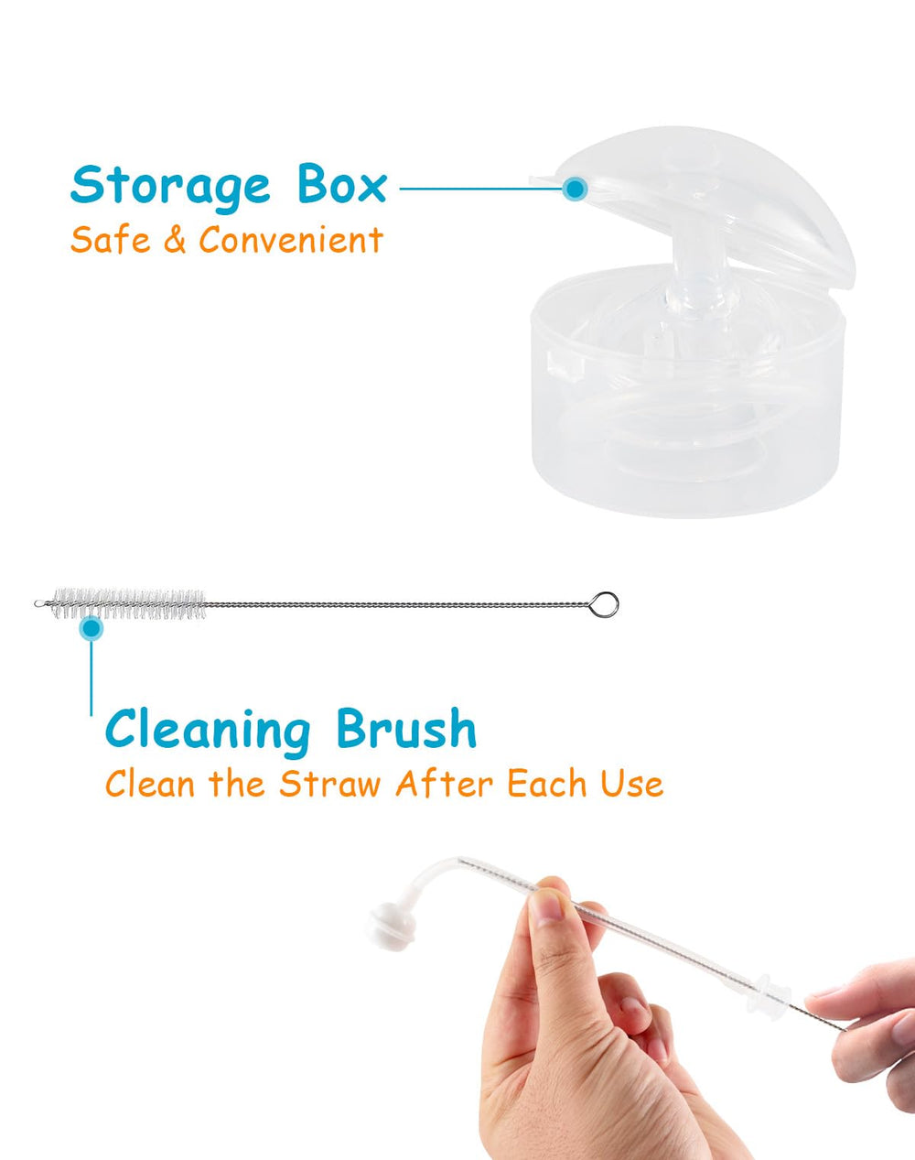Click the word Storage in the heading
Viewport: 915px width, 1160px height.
click(170, 187)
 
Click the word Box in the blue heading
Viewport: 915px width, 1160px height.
click(341, 185)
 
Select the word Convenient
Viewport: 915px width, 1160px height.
click(290, 241)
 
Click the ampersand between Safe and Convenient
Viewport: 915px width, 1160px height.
click(174, 241)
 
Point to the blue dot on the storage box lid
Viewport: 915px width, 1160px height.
click(575, 190)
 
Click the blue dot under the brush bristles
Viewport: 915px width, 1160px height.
click(91, 629)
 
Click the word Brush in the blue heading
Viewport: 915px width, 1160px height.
click(405, 730)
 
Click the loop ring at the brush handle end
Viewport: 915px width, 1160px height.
click(604, 604)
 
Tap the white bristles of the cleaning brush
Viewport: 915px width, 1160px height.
click(128, 604)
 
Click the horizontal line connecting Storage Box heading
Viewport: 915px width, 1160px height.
click(476, 190)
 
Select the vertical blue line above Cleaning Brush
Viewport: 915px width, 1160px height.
click(91, 678)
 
